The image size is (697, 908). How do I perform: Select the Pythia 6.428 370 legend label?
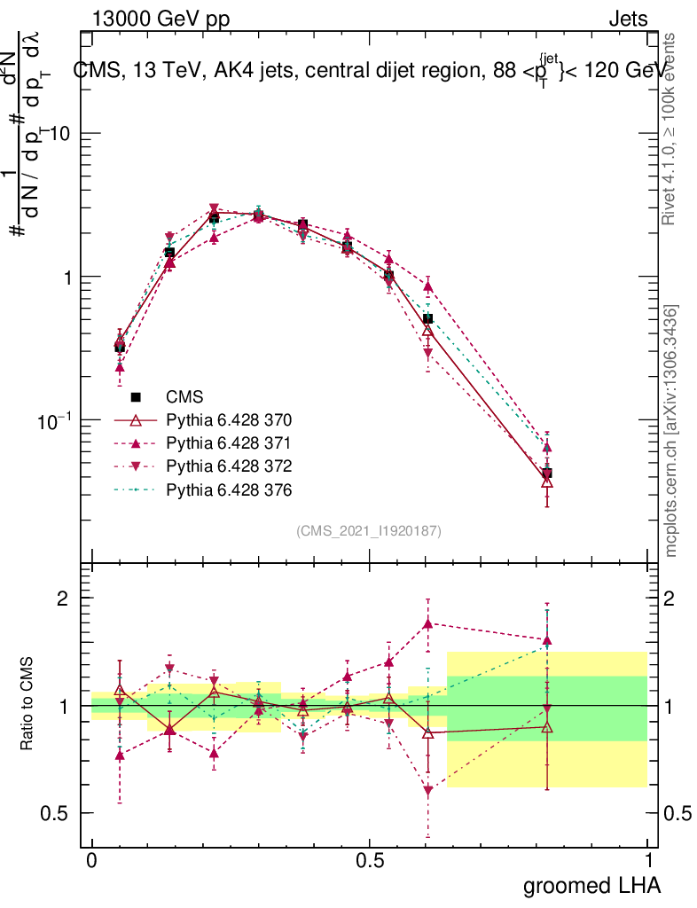tap(229, 420)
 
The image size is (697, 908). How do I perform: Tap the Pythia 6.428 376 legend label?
tap(229, 489)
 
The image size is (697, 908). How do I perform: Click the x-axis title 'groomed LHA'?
tap(591, 885)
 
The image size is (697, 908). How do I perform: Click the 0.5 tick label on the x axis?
tap(370, 860)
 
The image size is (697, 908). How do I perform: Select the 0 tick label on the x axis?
tap(92, 860)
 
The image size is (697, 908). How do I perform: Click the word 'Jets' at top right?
tap(628, 20)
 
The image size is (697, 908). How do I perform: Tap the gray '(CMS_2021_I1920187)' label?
tap(369, 531)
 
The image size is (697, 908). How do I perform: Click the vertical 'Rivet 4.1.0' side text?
tap(671, 129)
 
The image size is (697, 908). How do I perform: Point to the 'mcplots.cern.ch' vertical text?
tap(671, 431)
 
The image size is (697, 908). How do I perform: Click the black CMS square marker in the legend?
tap(136, 397)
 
